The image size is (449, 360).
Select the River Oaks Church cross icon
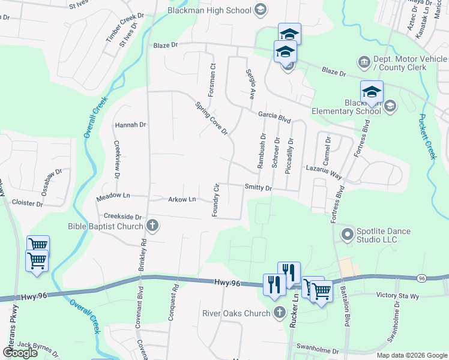click(279, 313)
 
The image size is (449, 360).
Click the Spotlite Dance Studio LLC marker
click(346, 233)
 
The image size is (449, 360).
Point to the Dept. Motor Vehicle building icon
click(364, 62)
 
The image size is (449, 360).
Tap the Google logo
click(20, 353)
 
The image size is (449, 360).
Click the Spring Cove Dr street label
click(212, 118)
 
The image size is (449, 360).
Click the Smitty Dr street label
click(258, 188)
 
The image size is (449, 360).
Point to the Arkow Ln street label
click(182, 199)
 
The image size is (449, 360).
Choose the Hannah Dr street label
click(130, 125)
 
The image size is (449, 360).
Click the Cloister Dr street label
click(23, 204)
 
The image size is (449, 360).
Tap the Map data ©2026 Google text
click(412, 355)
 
